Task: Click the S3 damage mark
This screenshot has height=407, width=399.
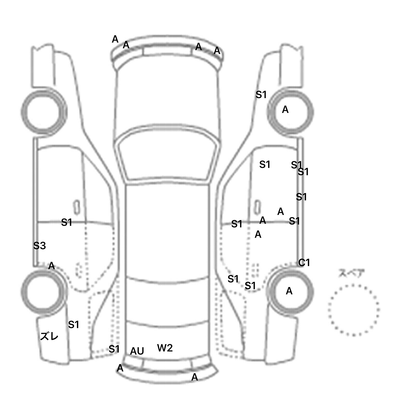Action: (x=39, y=245)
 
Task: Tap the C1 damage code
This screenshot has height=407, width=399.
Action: (x=304, y=263)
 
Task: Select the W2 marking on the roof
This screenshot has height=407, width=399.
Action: (x=165, y=348)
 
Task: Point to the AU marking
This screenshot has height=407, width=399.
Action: (x=137, y=351)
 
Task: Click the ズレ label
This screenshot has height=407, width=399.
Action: (x=49, y=336)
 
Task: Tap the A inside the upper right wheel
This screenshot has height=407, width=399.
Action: (x=285, y=110)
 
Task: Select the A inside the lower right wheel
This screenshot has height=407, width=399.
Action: (x=289, y=291)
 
